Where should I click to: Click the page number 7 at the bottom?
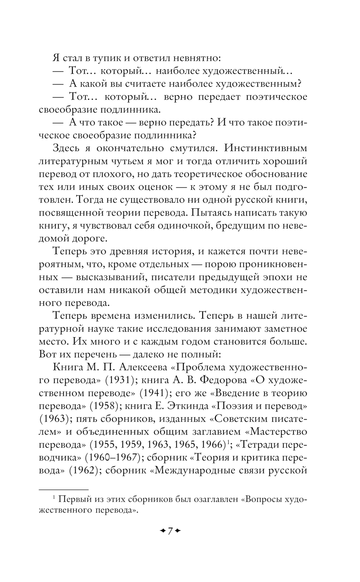click(x=170, y=530)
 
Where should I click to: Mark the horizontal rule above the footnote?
click(x=63, y=489)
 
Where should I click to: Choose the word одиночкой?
click(x=184, y=226)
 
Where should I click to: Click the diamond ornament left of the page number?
click(x=162, y=530)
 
